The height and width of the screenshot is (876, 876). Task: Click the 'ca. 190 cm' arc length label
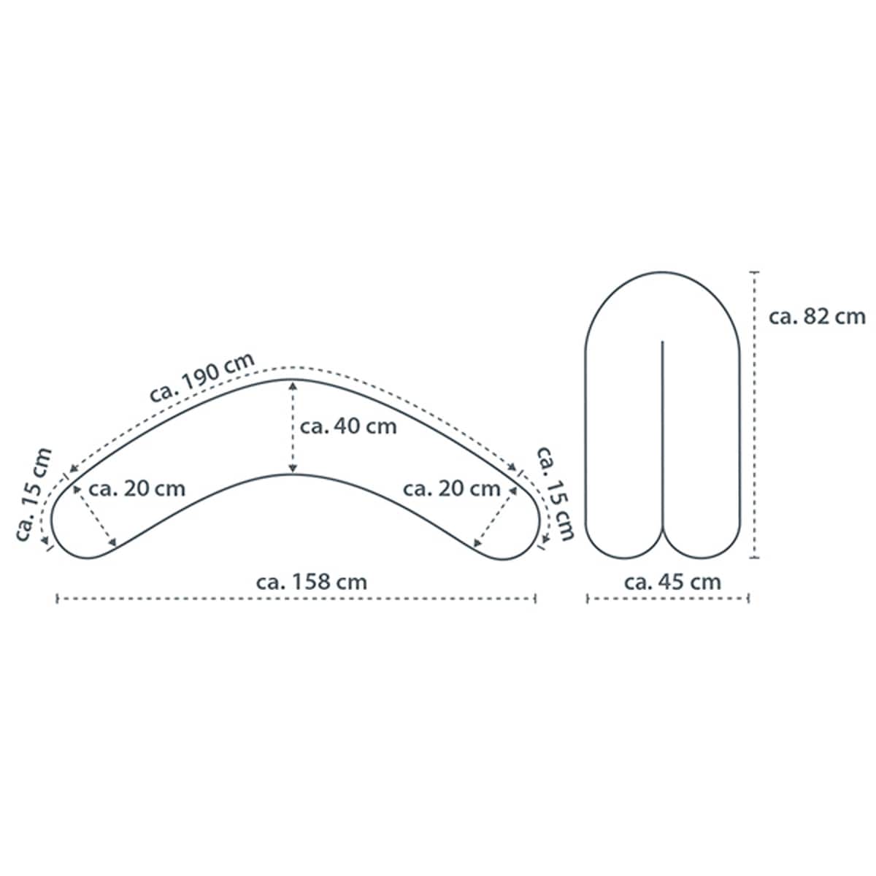tap(201, 377)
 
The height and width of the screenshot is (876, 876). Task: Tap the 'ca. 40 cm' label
tap(348, 426)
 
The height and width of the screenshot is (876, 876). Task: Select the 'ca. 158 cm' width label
tap(312, 582)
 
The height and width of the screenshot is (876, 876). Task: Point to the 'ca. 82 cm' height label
tap(817, 317)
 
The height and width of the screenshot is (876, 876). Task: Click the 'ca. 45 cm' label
tap(672, 582)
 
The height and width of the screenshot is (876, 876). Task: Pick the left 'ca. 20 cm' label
tap(137, 488)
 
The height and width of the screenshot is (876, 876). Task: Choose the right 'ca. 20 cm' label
tap(451, 488)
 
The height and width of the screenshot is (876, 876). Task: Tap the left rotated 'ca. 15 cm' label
tap(34, 494)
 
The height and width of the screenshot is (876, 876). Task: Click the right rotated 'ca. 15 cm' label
tap(556, 493)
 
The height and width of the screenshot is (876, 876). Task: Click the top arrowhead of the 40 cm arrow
tap(293, 385)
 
